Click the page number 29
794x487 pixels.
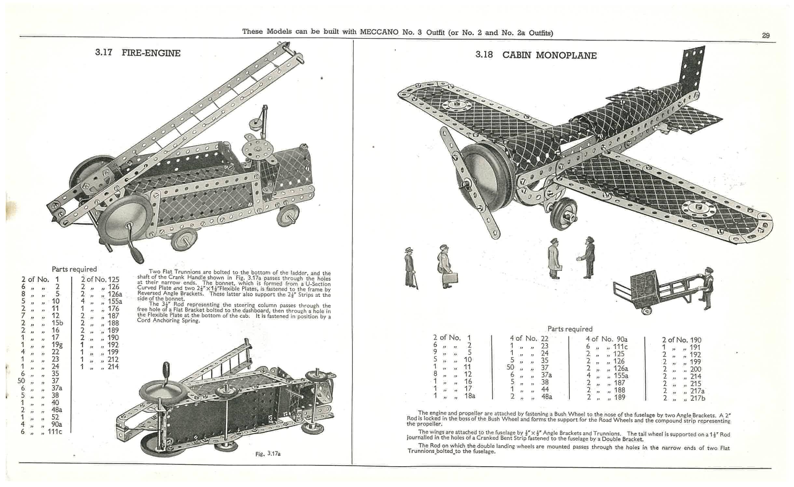tap(766, 36)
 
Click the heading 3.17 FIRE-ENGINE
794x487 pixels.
tap(138, 53)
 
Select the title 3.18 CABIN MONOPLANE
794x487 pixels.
tap(536, 55)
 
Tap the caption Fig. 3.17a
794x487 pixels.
tap(268, 453)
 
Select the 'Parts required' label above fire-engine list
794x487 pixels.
tap(74, 269)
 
